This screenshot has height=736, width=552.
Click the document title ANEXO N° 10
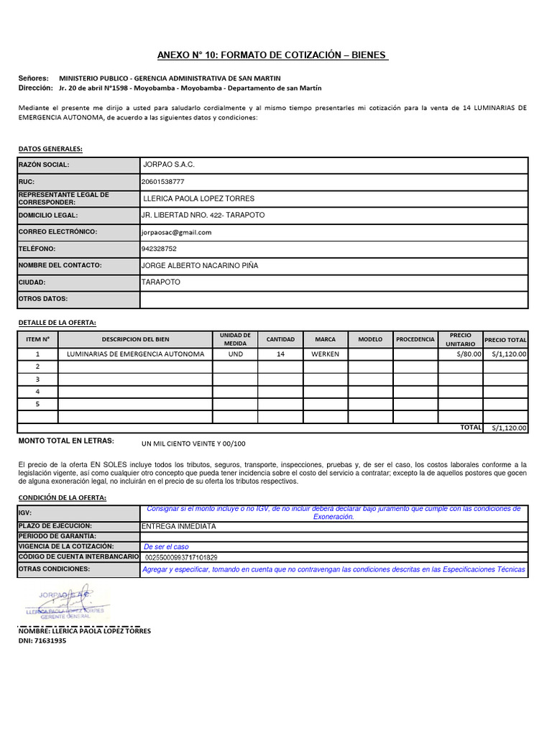tap(272, 55)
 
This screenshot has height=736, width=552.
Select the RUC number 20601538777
tap(163, 181)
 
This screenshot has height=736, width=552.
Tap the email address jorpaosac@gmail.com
tap(177, 232)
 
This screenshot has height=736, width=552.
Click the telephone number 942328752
tap(159, 249)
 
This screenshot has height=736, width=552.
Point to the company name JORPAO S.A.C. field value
tap(169, 165)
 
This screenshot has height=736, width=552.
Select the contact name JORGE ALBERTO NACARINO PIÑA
tap(200, 265)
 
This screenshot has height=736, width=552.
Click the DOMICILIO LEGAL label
tap(47, 215)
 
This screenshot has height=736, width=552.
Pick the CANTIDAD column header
tap(280, 339)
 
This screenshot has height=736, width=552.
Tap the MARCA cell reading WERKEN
tap(326, 354)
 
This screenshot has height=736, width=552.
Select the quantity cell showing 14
tap(280, 354)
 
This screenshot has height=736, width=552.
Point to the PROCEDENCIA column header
tap(415, 339)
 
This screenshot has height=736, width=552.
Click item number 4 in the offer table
tap(37, 391)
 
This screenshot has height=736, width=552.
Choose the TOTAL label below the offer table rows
tap(471, 427)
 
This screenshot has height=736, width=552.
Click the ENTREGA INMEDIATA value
tap(180, 526)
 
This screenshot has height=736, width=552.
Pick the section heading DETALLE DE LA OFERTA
tap(57, 322)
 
